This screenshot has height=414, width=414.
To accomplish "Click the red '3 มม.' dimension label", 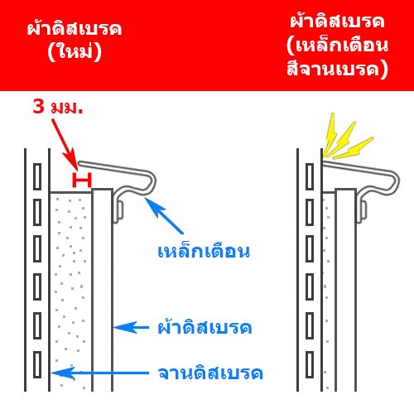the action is (58, 107).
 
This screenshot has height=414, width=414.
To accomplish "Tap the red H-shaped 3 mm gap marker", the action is (82, 181).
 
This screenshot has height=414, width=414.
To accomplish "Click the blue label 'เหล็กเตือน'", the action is (204, 250).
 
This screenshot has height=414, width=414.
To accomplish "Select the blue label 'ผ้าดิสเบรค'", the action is (205, 326).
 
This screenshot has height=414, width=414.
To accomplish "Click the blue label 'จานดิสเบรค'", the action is (210, 373).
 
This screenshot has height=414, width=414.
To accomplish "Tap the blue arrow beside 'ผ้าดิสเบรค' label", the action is (132, 328).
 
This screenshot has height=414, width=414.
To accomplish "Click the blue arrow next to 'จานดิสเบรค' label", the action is (100, 373).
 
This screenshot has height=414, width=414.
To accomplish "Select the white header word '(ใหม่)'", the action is (75, 52).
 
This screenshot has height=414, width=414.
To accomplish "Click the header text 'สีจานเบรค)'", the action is (337, 69).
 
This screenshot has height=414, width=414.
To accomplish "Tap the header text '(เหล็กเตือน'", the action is (337, 45).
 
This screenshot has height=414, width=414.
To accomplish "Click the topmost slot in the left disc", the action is (37, 176).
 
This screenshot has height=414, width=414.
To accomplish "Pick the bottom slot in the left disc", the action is (37, 364).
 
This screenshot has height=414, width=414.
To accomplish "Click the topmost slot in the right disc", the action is (310, 176).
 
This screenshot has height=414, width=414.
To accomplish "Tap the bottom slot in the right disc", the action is (310, 364).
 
